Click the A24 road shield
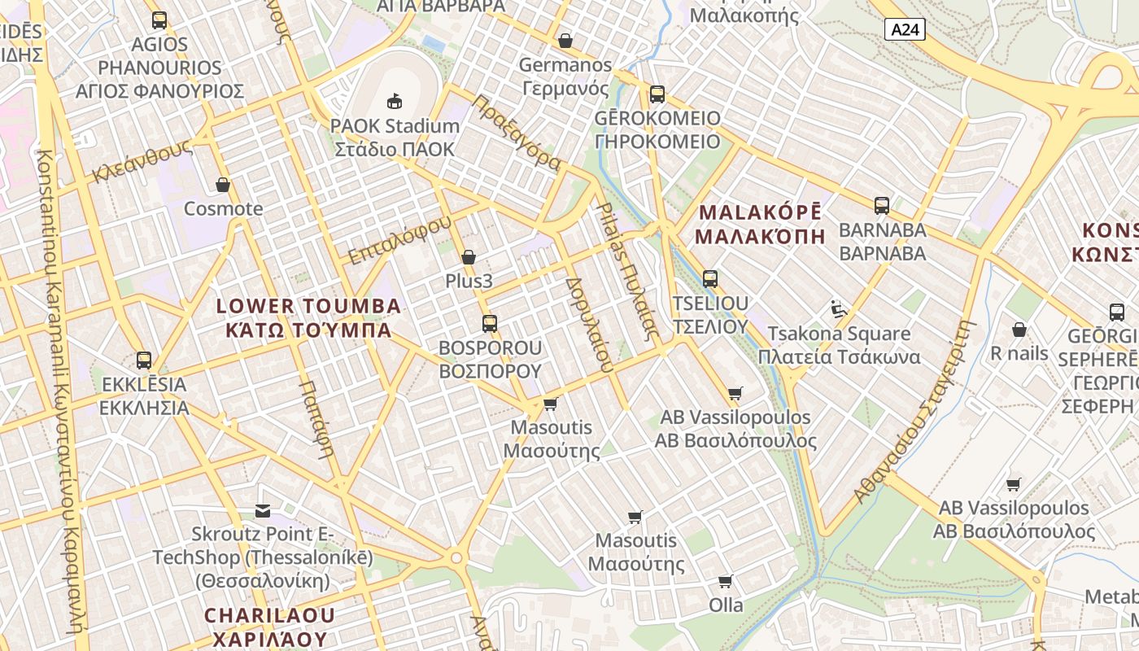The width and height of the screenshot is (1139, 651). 905,30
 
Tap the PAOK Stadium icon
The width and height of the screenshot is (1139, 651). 395,101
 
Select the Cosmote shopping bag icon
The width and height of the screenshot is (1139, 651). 223,185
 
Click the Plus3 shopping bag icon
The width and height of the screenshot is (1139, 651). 469,257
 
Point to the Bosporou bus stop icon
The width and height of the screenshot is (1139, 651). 489,323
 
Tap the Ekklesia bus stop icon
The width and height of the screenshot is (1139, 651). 144,360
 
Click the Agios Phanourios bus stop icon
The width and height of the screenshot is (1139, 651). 159,20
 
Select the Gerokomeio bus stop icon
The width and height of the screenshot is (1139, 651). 657,94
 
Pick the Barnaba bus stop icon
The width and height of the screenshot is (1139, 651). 882,205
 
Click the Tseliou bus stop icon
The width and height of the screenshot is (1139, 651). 709,279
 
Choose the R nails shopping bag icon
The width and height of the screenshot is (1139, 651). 1019,330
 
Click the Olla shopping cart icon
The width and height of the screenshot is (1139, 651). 725,581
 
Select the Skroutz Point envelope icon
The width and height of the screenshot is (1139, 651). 263,510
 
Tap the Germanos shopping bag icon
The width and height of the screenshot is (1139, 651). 565,41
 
